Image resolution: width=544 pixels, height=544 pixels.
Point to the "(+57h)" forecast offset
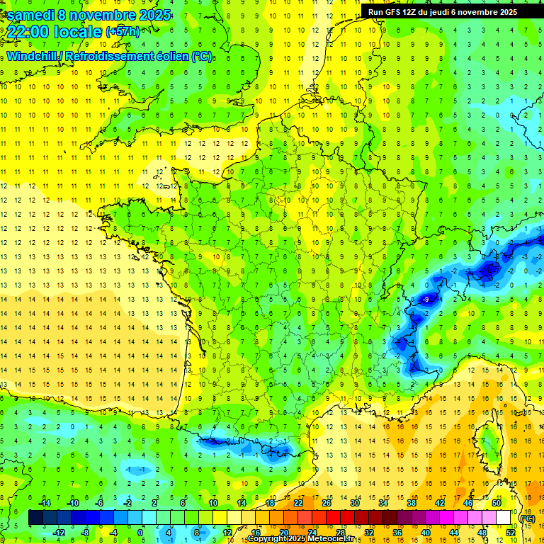[x=123, y=32]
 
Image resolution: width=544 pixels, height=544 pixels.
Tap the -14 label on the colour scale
[x=45, y=503]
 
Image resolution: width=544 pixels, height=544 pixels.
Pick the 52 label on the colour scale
[x=510, y=533]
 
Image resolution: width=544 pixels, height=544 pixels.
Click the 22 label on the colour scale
[x=298, y=503]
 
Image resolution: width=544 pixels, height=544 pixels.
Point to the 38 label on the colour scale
[x=411, y=503]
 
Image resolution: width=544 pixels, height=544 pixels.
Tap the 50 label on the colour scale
[x=496, y=503]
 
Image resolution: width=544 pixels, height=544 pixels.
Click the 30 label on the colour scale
[x=355, y=503]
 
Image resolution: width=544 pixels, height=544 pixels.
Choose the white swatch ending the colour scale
[x=503, y=518]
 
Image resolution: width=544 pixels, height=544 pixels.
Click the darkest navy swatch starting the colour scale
[x=35, y=518]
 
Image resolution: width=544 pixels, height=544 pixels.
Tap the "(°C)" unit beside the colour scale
[x=528, y=518]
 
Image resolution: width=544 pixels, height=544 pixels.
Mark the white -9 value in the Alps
[x=425, y=300]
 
